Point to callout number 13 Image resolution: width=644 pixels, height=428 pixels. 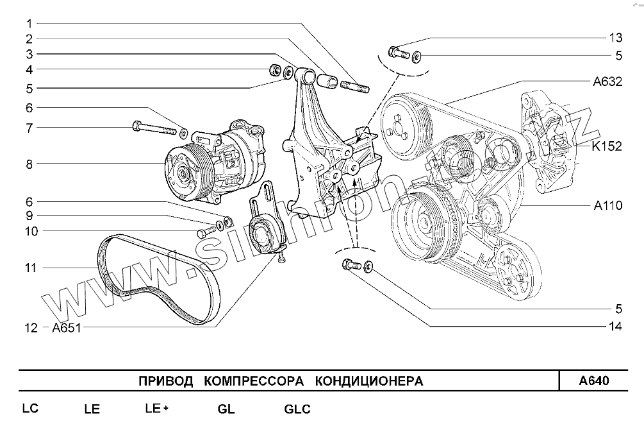(615, 37)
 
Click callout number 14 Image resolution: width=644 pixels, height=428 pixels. (615, 327)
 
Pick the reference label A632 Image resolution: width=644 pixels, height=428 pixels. (607, 81)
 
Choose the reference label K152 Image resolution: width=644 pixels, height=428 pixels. (607, 146)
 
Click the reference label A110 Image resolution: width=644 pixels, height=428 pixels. (607, 206)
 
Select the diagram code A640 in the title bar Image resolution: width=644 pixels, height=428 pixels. (593, 381)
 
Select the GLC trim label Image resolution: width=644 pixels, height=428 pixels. (297, 409)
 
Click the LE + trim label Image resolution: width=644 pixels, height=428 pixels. (157, 409)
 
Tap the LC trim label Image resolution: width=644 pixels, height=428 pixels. (31, 409)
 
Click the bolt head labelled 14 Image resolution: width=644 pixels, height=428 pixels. (349, 264)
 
